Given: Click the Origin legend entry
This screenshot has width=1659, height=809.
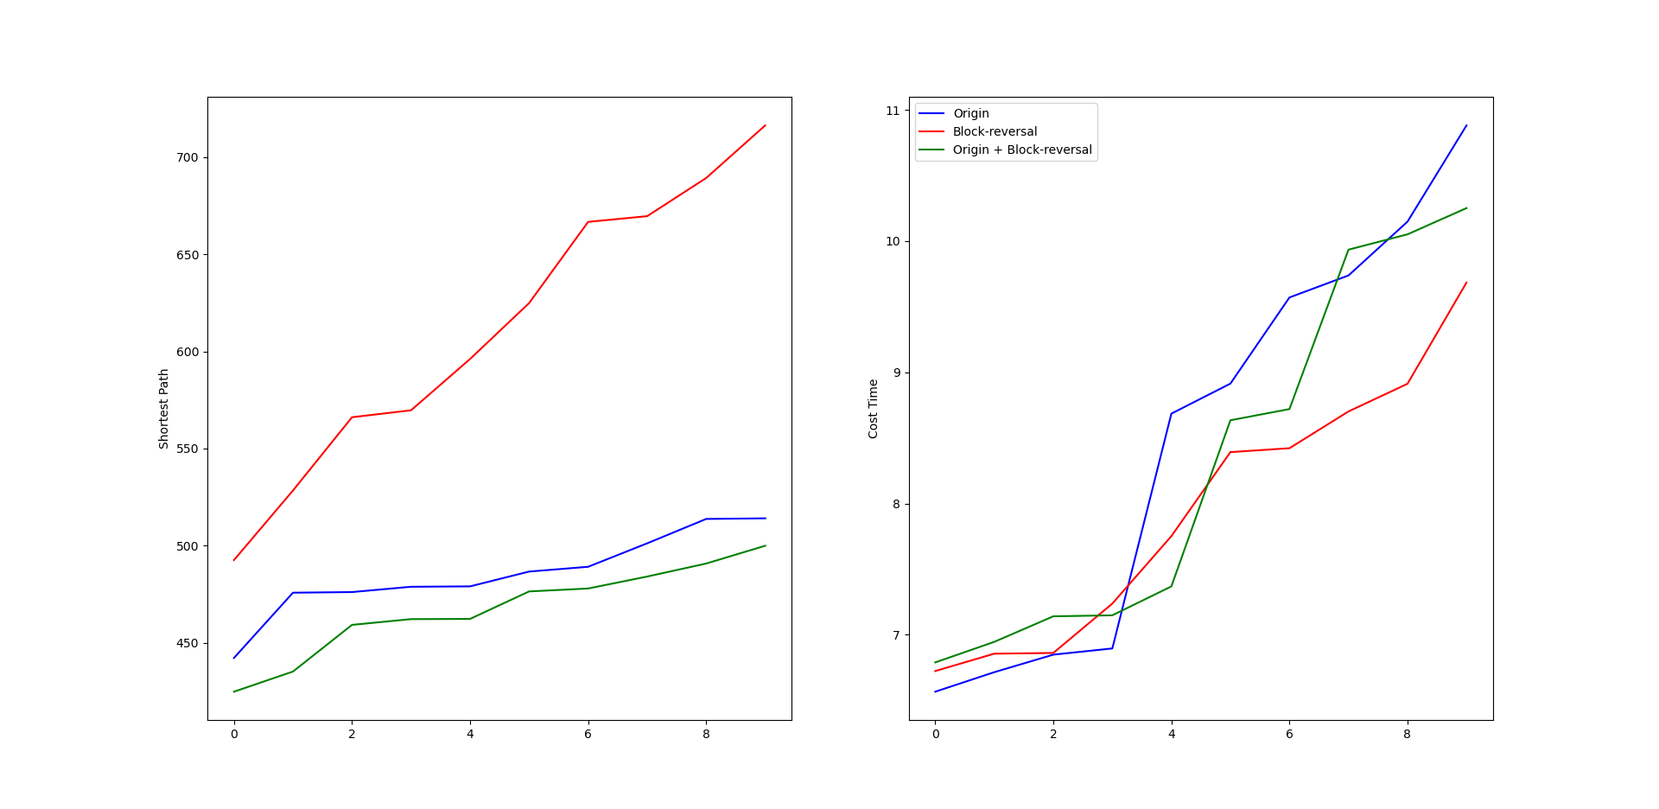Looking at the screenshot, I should click(x=970, y=113).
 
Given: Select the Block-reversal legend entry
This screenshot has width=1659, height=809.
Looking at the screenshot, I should click(x=995, y=131).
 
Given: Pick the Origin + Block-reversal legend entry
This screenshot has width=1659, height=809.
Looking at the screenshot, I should click(x=1022, y=150).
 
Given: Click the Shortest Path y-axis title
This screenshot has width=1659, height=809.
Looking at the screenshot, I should click(x=164, y=409).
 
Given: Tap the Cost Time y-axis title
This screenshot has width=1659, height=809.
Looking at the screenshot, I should click(x=874, y=409).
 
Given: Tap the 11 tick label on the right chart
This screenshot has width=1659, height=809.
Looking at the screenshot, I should click(x=893, y=111).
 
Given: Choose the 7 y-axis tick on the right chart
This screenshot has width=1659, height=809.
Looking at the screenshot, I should click(x=896, y=635).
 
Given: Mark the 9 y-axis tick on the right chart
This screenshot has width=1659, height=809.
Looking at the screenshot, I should click(x=896, y=373).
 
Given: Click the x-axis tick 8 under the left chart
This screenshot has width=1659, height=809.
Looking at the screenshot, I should click(x=706, y=734).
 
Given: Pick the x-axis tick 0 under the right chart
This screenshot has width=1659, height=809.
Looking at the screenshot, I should click(x=936, y=734).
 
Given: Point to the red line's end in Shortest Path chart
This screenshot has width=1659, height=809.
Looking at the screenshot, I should click(x=766, y=125).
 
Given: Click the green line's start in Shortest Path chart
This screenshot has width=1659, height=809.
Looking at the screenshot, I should click(x=234, y=691).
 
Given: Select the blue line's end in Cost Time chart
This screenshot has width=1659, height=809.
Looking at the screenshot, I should click(x=1466, y=125).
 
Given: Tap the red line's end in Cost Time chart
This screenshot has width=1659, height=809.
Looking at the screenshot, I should click(x=1466, y=283).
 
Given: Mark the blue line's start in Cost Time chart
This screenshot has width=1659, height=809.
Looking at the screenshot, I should click(x=936, y=691).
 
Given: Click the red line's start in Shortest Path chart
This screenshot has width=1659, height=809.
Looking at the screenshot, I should click(x=234, y=560).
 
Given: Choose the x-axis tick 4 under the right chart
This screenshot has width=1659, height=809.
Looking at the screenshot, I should click(x=1172, y=734).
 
